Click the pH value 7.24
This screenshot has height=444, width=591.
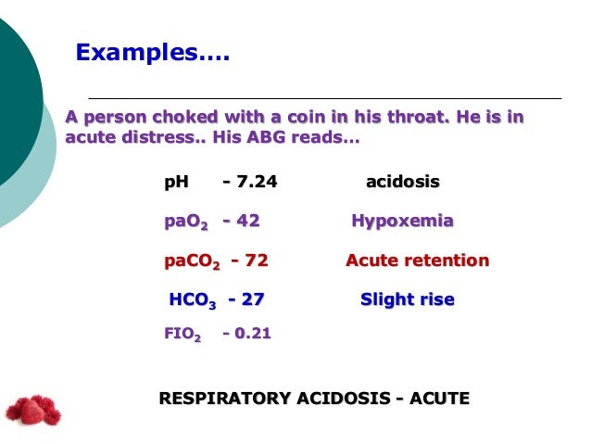pos(254,182)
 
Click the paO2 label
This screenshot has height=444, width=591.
pos(185,222)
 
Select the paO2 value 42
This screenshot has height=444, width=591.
pos(245,222)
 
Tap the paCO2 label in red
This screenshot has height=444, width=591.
pos(192,261)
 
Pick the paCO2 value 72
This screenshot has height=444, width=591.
pos(253,260)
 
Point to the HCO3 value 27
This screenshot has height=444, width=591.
pos(252,300)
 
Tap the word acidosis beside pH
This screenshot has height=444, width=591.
pos(403,182)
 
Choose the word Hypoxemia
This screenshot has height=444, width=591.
pos(402,222)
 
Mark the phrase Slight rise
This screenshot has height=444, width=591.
pos(407,300)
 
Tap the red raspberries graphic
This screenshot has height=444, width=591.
pos(32,409)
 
